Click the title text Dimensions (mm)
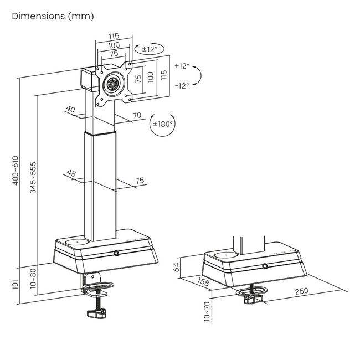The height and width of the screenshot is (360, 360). tap(53, 16)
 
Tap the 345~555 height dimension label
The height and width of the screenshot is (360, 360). tap(34, 177)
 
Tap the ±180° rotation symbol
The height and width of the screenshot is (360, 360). tap(163, 125)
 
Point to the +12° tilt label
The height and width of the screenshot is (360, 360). tap(182, 66)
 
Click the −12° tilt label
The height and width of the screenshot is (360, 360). tap(182, 85)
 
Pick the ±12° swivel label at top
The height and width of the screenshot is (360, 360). tap(150, 49)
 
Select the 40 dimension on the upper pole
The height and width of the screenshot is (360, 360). tap(70, 110)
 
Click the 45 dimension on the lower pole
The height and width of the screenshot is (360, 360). tap(71, 173)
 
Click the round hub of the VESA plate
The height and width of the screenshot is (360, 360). tap(114, 84)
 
